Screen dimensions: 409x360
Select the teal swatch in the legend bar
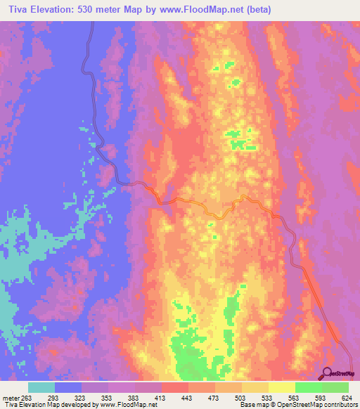(x=41, y=387)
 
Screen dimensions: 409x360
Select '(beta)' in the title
(x=258, y=9)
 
